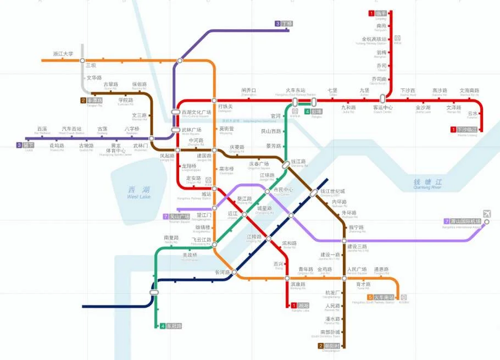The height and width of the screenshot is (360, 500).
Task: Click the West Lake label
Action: point(138,192)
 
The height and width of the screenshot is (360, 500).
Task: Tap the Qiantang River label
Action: point(427,184)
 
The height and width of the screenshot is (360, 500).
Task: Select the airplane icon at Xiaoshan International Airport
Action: point(487,214)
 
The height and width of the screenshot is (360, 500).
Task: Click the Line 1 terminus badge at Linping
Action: point(372,13)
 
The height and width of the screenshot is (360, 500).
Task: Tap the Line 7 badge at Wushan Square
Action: point(166,217)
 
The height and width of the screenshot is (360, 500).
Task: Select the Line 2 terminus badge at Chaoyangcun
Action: point(321,346)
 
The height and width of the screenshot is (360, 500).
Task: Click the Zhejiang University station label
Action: point(63,54)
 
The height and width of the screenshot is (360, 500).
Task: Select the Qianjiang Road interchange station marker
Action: point(286,164)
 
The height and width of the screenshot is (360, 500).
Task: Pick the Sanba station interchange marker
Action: point(82,60)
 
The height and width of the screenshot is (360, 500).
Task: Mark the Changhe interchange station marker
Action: point(235,273)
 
